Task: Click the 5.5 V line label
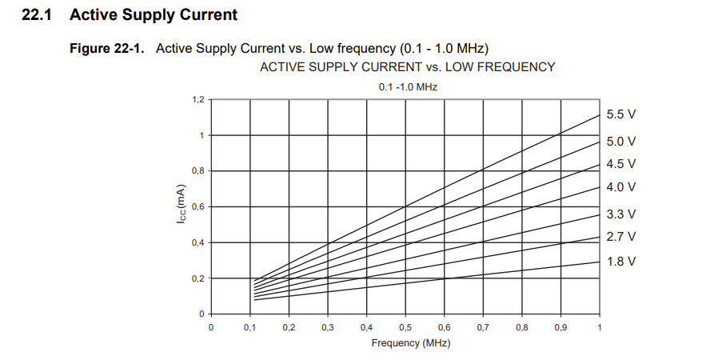[x=620, y=114]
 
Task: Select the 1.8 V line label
[x=620, y=262]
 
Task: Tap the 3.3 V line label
[x=620, y=214]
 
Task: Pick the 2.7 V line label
[x=620, y=237]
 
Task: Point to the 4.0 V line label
[x=620, y=187]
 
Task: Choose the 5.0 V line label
[x=620, y=142]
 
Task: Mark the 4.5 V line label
[x=620, y=164]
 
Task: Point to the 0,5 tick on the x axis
[x=405, y=328]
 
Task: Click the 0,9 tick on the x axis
[x=560, y=328]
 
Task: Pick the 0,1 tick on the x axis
[x=249, y=328]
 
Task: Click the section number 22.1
[x=42, y=14]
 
